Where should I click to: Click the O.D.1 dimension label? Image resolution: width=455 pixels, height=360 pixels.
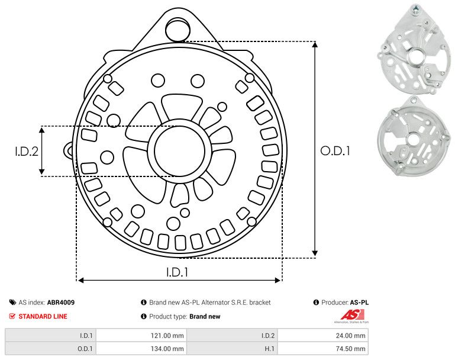[335, 151]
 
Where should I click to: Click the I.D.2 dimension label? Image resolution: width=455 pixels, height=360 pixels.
[27, 151]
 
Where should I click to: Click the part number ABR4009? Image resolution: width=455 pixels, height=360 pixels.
[61, 303]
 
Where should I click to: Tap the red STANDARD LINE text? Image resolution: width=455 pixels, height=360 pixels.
[43, 316]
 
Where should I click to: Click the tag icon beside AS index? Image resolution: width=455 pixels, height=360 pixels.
[12, 303]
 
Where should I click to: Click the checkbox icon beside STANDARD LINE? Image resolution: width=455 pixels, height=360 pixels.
[12, 316]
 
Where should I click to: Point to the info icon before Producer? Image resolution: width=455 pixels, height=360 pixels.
[316, 303]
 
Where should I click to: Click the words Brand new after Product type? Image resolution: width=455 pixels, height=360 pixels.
[205, 317]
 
